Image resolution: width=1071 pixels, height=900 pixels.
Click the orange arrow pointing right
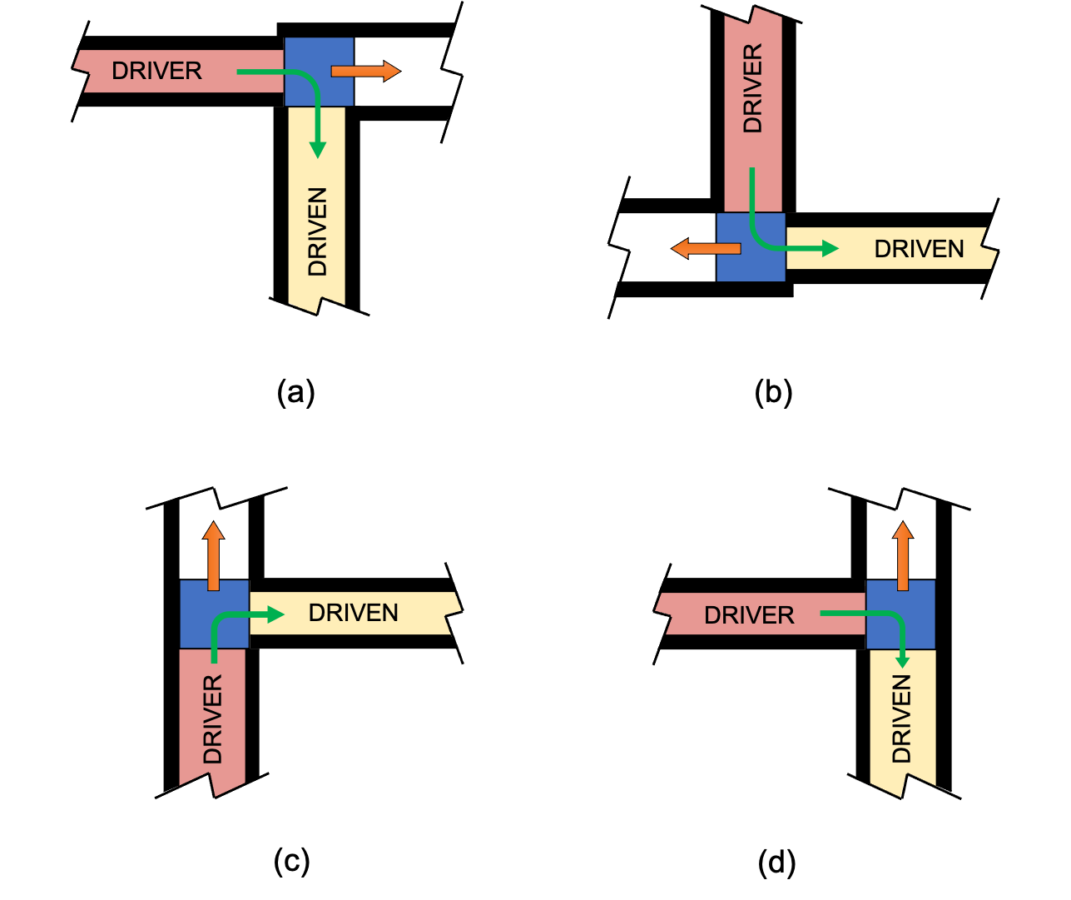coord(365,72)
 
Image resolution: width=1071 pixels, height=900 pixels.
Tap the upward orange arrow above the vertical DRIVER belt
coord(214,555)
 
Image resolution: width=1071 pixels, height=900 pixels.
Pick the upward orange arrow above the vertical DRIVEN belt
coord(903,555)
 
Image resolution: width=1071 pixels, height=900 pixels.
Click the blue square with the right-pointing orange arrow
coord(319,72)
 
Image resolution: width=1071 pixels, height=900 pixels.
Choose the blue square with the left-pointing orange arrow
coord(751,247)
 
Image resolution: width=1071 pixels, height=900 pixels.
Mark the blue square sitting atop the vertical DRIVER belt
coord(214,614)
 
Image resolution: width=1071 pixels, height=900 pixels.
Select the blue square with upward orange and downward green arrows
coord(900,614)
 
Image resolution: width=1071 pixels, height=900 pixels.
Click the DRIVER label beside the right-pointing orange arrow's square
coord(156,72)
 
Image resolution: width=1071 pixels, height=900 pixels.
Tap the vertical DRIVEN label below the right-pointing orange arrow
coord(318,232)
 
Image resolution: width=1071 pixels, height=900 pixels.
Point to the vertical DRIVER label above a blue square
coord(753,89)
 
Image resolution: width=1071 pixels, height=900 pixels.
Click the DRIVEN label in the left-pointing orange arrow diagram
coord(919,249)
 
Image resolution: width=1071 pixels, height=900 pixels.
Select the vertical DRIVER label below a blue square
coord(213,719)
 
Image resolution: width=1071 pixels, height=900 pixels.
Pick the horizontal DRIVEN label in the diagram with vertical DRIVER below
coord(353,613)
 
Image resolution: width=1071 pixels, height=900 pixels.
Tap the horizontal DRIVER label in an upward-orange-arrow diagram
coord(749,615)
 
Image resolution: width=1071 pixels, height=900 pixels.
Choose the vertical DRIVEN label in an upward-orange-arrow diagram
coord(902,719)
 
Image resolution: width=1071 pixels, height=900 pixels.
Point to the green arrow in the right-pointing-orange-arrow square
coord(300,92)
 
